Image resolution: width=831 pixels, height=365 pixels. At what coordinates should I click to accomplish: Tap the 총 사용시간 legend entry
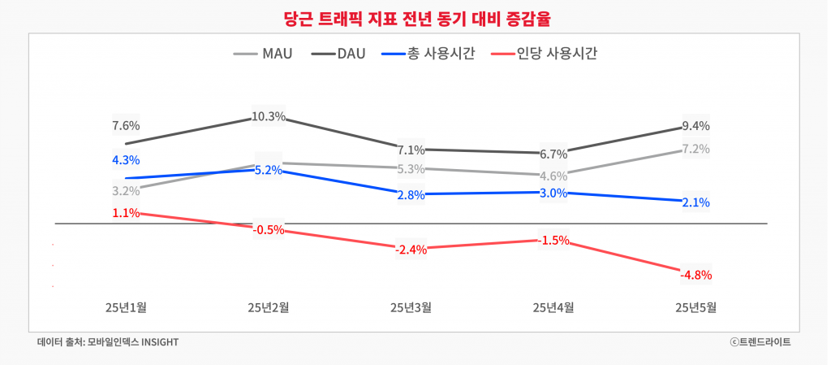[x=429, y=54]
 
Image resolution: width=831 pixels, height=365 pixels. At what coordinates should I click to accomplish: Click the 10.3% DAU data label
[x=269, y=116]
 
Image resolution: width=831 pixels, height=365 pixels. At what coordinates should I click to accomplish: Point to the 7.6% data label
[x=126, y=125]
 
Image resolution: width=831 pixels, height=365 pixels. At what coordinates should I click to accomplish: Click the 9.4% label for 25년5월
[x=696, y=125]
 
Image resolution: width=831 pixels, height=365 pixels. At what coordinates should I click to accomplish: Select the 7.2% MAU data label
[x=696, y=149]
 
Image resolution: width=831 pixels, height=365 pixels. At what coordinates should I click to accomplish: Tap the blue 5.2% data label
[x=269, y=170]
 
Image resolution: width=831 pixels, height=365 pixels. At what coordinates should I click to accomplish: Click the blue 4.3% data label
[x=126, y=159]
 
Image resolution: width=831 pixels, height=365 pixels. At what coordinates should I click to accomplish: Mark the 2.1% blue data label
[x=696, y=202]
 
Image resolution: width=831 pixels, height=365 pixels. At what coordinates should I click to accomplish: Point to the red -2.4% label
[x=411, y=249]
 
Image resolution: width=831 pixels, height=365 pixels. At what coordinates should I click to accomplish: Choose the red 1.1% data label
[x=126, y=213]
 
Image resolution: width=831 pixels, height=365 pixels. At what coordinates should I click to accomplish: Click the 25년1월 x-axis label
[x=126, y=307]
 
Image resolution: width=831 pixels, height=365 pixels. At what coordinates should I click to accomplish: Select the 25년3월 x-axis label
[x=411, y=307]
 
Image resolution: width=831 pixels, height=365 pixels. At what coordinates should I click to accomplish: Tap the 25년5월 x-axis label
[x=696, y=307]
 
